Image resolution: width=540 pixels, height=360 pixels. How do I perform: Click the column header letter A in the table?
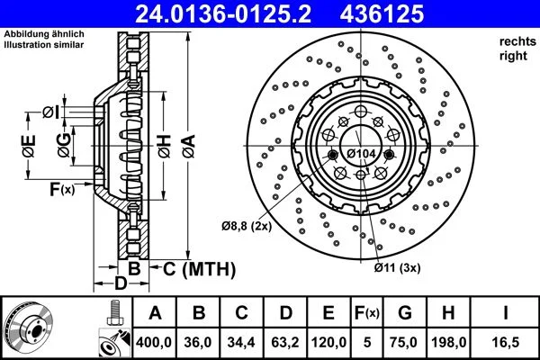point(155,313)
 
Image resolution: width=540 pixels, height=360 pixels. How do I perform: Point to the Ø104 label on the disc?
point(362,154)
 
